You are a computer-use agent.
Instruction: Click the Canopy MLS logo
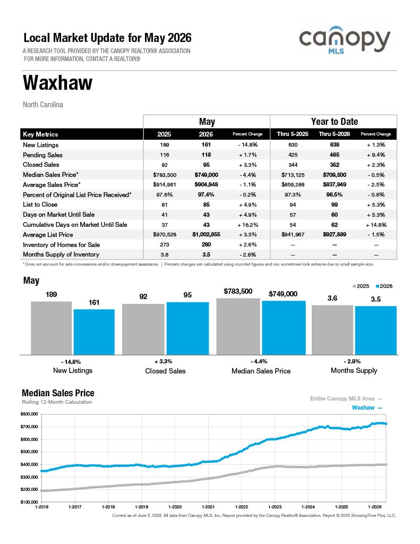[x=345, y=40]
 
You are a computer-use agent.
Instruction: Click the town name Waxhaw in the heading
[x=57, y=82]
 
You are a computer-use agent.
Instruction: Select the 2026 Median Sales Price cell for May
[x=207, y=175]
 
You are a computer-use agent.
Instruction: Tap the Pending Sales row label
[x=42, y=155]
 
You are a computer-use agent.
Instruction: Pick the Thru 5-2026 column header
[x=335, y=134]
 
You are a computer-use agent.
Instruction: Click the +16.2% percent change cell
[x=247, y=225]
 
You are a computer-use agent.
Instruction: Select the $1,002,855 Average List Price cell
[x=207, y=234]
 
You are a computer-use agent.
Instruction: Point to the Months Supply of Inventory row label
[x=61, y=254]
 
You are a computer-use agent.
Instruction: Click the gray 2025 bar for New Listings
[x=52, y=328]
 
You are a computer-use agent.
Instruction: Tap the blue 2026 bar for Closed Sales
[x=187, y=328]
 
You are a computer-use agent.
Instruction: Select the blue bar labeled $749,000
[x=284, y=328]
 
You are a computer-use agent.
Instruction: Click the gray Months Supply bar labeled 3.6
[x=332, y=330]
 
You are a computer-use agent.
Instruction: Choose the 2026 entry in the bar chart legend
[x=384, y=286]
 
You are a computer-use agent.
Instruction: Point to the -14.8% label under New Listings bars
[x=71, y=362]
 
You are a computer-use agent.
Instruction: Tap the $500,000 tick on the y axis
[x=29, y=452]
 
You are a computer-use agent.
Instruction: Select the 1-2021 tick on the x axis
[x=208, y=507]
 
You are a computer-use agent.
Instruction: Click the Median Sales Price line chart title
[x=58, y=393]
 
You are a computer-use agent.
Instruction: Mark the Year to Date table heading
[x=335, y=122]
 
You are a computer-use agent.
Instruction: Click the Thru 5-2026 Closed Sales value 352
[x=335, y=165]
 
